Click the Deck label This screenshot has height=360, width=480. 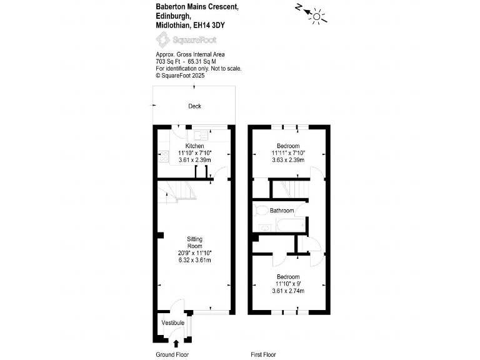(195, 106)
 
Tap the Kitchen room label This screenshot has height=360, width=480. (194, 146)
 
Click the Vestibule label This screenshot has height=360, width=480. (172, 322)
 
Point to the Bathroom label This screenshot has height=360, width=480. (282, 210)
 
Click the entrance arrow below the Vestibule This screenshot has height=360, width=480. (176, 342)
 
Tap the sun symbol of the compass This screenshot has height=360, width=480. (319, 17)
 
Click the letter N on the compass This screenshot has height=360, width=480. (299, 7)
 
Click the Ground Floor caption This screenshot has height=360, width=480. (172, 355)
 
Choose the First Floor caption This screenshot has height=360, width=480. (263, 355)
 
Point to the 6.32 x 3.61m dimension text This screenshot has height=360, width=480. (195, 260)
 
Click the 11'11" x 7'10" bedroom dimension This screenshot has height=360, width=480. (288, 152)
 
